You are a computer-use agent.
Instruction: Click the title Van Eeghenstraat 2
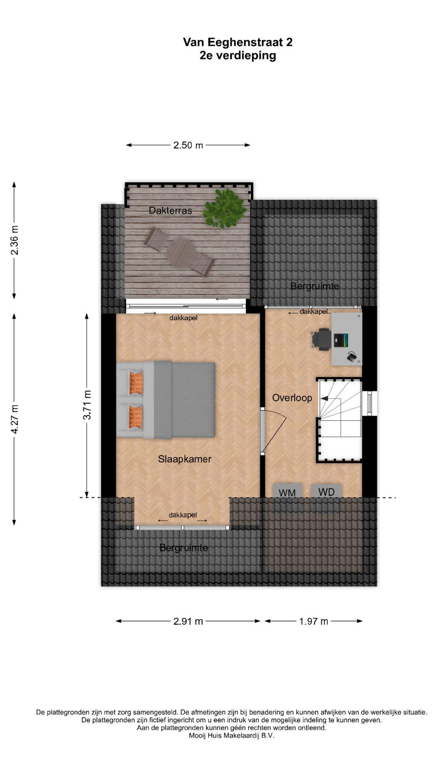coord(238,42)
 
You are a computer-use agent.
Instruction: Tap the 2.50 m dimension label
coord(188,145)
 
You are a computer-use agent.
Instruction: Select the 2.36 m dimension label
coord(15,240)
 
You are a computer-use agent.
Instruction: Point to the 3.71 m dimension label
coord(87,405)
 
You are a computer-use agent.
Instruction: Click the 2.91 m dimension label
coord(188,621)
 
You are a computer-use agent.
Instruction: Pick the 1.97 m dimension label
coord(314,621)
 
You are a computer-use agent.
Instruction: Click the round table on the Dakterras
coord(181,253)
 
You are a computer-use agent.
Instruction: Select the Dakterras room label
coord(170,210)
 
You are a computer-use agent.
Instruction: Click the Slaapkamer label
coord(185,459)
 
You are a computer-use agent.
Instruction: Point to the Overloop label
coord(292,398)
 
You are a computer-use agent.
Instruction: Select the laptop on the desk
coord(341,340)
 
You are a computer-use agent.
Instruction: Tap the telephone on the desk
coord(352,357)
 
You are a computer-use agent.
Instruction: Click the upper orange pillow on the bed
coord(136,383)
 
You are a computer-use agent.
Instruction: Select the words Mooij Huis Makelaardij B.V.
coord(231,736)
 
